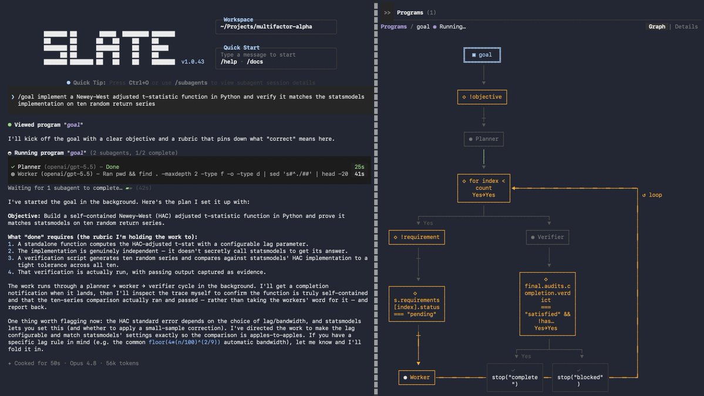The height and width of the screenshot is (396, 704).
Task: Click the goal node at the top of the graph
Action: [x=481, y=55]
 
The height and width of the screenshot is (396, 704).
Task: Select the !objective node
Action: [x=481, y=96]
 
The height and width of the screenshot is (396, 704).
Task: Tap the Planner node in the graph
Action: [x=484, y=139]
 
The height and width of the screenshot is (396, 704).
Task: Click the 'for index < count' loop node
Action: [x=484, y=188]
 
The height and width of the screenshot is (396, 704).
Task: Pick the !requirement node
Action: [x=417, y=237]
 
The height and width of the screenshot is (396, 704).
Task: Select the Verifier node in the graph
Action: [x=547, y=237]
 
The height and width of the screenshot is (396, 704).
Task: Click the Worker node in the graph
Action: [x=417, y=377]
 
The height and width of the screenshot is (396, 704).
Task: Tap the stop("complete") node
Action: [x=514, y=377]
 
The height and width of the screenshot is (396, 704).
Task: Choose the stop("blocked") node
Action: [x=580, y=377]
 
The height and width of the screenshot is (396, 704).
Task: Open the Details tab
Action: [x=686, y=26]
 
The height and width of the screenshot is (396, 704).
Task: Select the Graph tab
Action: [x=657, y=26]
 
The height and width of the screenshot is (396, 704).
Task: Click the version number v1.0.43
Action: [x=193, y=62]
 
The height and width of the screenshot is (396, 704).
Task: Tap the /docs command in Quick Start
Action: [x=255, y=62]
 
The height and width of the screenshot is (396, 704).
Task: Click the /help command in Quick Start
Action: [x=228, y=62]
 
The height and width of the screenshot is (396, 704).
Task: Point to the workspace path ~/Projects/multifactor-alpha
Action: [x=266, y=26]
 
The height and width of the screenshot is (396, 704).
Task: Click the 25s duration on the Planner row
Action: [x=359, y=167]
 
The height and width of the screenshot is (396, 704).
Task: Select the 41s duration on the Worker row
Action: [x=359, y=174]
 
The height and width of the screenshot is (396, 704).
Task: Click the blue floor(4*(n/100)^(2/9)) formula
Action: [x=184, y=342]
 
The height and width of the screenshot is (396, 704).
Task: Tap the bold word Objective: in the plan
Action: [x=24, y=216]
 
